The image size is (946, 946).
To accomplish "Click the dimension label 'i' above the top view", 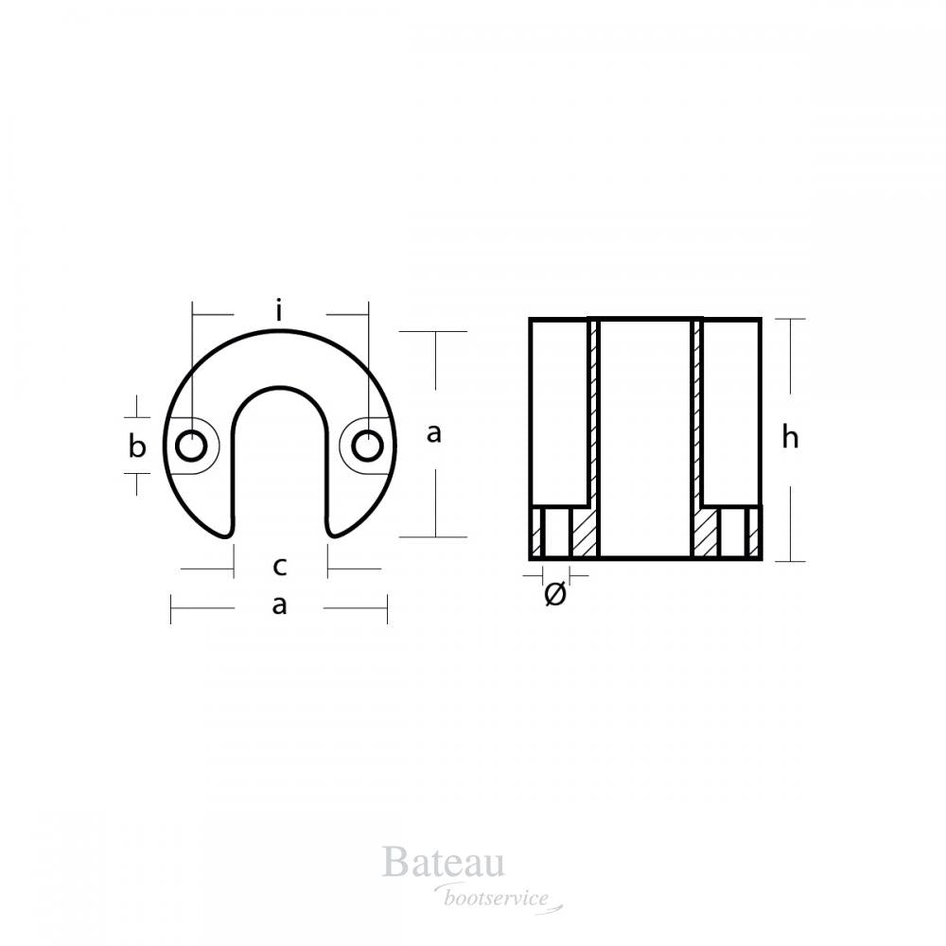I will (279, 309).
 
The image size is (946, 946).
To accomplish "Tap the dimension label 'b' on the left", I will (138, 447).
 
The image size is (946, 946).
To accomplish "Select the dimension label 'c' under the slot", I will (279, 568).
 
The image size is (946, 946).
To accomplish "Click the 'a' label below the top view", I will (279, 605).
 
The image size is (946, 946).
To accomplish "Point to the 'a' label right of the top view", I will (434, 433).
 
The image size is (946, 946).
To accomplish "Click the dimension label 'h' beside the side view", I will (791, 438).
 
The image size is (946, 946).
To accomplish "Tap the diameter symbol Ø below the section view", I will (556, 595).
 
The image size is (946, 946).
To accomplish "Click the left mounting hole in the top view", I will (192, 444).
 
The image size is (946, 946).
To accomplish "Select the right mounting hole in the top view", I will (367, 444).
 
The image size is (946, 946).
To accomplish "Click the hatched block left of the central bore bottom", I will (584, 534).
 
